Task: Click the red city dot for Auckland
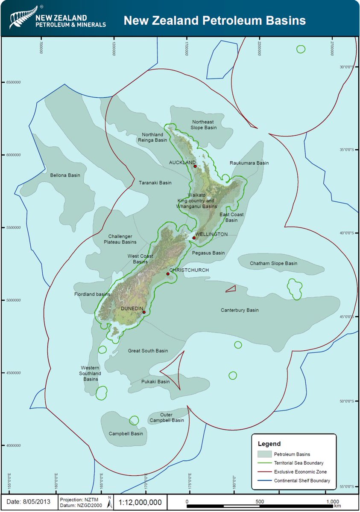[x=195, y=166]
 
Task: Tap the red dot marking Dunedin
[x=144, y=312]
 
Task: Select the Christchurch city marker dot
[x=168, y=274]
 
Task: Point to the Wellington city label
[x=211, y=234]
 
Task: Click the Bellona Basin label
[x=65, y=175]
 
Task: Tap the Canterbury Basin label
[x=240, y=310]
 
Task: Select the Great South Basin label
[x=148, y=351]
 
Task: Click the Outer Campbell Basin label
[x=166, y=417]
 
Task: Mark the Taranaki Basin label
[x=155, y=183]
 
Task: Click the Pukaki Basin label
[x=155, y=381]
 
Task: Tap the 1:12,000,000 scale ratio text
[x=139, y=502]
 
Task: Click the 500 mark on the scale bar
[x=260, y=501]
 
